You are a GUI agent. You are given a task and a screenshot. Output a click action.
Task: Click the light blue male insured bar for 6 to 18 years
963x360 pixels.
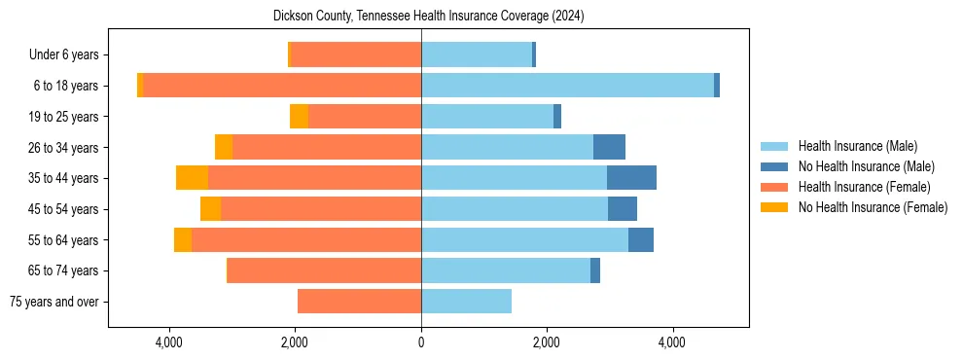pos(567,86)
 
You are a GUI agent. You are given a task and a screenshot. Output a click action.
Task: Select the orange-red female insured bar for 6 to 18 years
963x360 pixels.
pos(282,86)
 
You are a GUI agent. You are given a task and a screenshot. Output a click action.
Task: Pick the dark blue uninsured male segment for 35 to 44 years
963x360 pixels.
pos(631,178)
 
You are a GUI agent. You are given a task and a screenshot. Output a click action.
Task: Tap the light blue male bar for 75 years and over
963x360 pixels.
pos(466,302)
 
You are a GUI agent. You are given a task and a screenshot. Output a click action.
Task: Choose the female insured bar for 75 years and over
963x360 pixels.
pos(359,302)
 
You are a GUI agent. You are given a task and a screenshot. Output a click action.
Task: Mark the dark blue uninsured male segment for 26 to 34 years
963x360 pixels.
pos(609,147)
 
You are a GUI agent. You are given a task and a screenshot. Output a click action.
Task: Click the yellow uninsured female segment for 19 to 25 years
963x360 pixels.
pos(299,117)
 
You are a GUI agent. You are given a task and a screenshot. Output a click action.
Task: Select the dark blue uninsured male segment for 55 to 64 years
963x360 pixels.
pos(640,239)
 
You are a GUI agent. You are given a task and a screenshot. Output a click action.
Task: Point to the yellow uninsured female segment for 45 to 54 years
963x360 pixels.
pos(210,209)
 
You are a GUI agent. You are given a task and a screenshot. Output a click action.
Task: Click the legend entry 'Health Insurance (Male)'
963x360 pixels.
pos(857,146)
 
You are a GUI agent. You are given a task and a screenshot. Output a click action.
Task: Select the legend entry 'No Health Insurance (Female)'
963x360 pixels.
pos(873,207)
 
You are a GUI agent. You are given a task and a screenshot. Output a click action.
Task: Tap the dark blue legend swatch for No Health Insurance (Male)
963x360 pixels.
pos(773,166)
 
